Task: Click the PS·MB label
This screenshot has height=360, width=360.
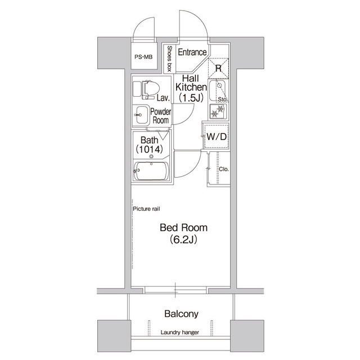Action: click(143, 57)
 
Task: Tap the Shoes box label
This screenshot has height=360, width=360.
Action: click(169, 58)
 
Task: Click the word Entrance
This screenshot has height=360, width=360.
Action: click(192, 52)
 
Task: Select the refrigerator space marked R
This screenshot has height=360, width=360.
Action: click(218, 68)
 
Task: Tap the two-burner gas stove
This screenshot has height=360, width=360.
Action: click(218, 111)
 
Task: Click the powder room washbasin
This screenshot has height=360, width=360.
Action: click(141, 115)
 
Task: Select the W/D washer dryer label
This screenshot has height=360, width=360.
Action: click(217, 137)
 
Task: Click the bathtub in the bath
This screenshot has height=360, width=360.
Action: click(151, 171)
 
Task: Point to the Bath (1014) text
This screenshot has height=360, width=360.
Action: click(150, 145)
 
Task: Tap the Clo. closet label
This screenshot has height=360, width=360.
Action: click(224, 169)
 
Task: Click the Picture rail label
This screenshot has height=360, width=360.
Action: click(146, 209)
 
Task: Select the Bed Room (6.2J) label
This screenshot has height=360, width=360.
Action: click(184, 233)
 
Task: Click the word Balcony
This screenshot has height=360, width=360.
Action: click(181, 314)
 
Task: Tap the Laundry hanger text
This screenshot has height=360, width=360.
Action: click(180, 332)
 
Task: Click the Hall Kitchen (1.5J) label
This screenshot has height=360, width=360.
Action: click(191, 88)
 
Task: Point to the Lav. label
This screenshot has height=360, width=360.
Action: click(164, 98)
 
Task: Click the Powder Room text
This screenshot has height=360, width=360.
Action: click(161, 116)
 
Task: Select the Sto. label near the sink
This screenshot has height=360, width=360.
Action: click(223, 100)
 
